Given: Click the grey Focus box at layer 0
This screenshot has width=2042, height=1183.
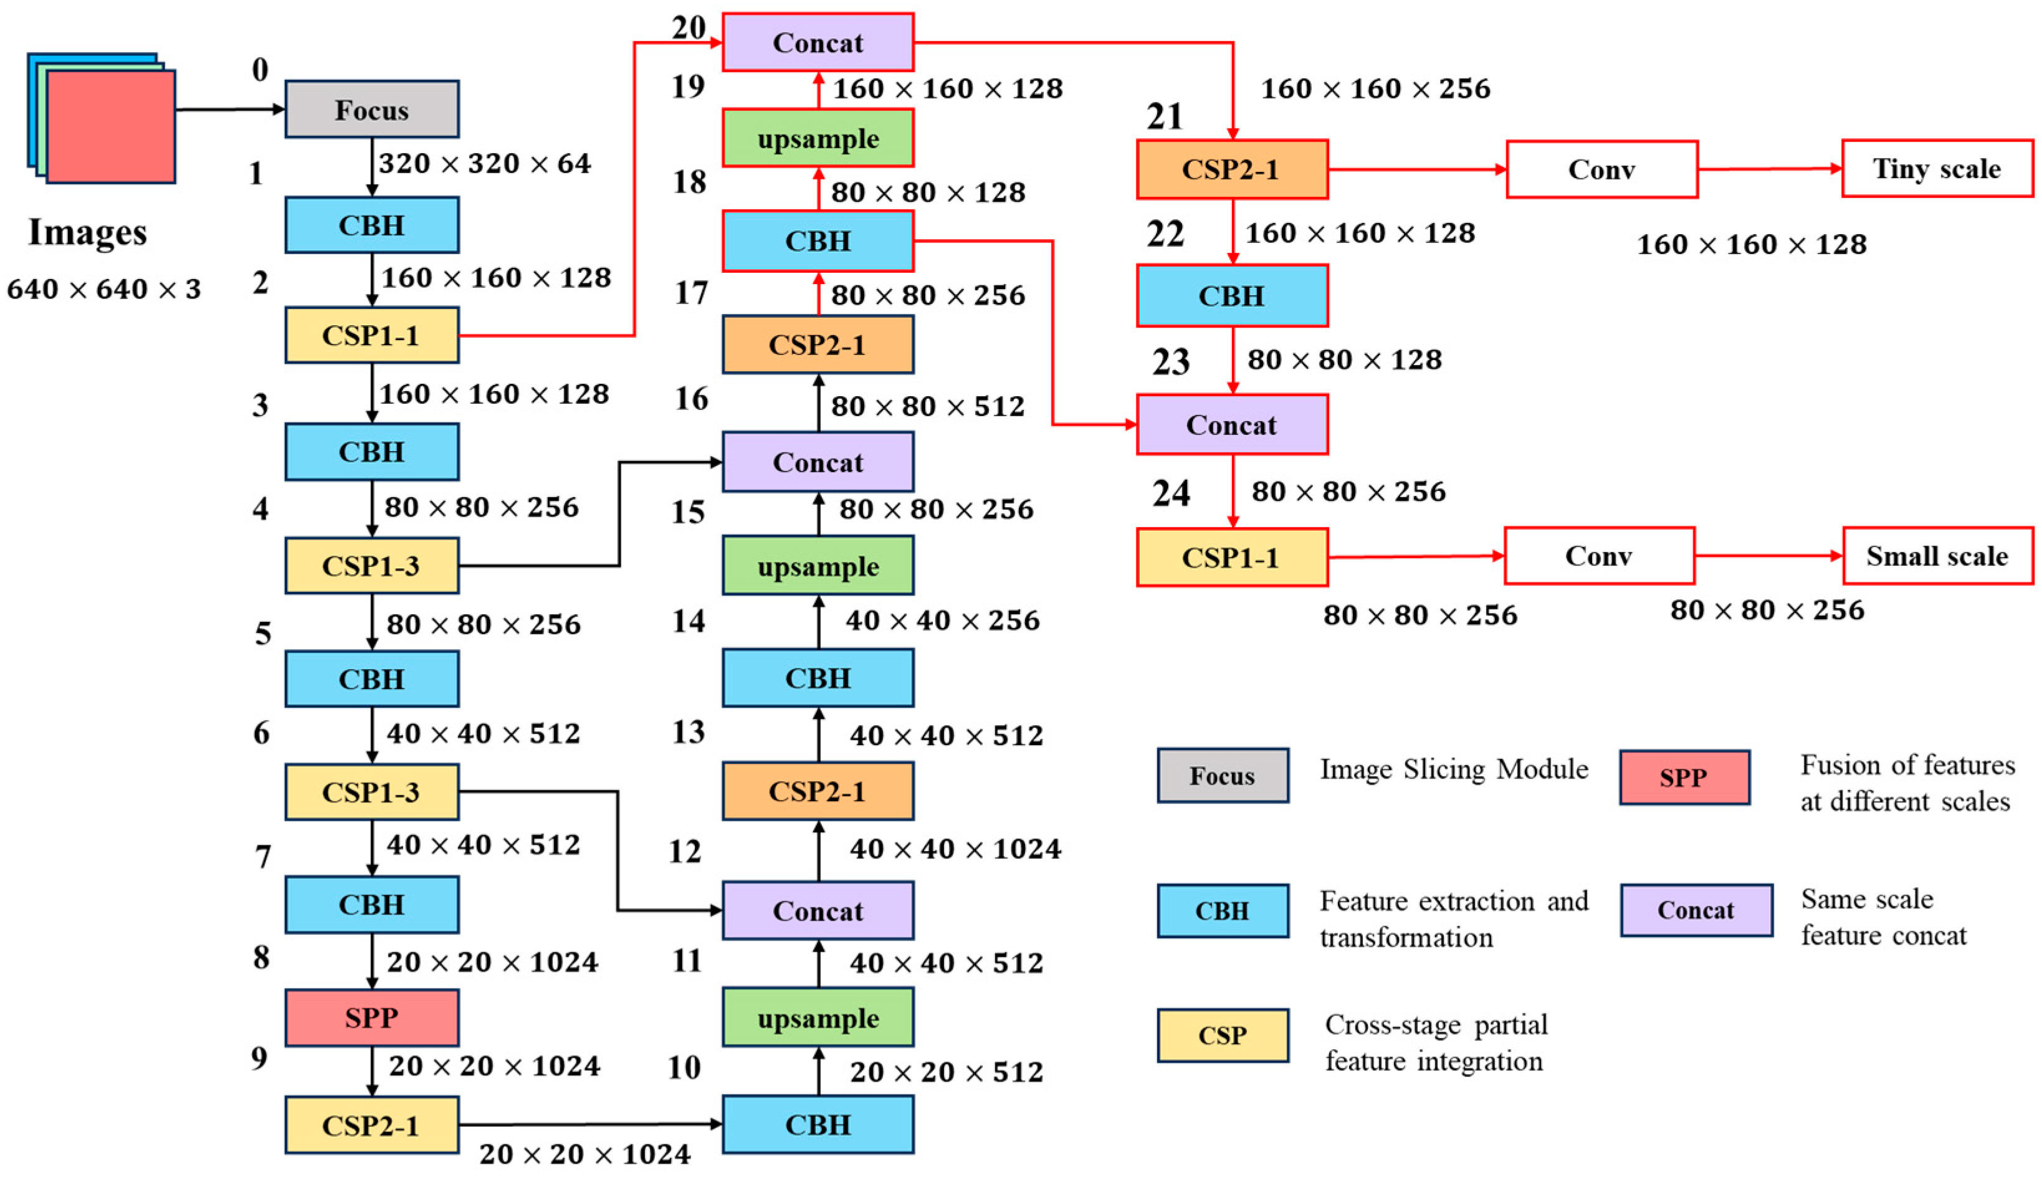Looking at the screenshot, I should (x=371, y=110).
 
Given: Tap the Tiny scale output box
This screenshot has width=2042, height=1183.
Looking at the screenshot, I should (x=1937, y=169).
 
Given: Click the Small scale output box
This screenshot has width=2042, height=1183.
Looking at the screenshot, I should (x=1937, y=556).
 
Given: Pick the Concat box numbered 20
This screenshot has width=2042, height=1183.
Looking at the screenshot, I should (x=818, y=42).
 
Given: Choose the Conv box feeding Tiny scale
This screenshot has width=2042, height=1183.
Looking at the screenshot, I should (x=1601, y=169).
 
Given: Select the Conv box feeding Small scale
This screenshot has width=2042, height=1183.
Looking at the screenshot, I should (x=1599, y=556).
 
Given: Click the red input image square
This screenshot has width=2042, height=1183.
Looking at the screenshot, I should (x=111, y=126).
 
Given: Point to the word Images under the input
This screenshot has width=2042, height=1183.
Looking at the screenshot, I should (x=87, y=232).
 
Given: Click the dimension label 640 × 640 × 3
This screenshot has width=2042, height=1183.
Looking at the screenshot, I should (x=103, y=289).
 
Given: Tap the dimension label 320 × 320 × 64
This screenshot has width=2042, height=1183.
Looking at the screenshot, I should (x=485, y=164).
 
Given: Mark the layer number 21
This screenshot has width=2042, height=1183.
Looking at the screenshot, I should (x=1165, y=116).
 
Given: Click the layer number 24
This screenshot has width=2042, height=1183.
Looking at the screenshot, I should (x=1171, y=493).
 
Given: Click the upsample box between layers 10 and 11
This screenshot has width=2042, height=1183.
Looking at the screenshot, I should (x=818, y=1018).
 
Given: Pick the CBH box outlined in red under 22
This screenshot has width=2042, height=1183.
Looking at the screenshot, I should (x=1232, y=296).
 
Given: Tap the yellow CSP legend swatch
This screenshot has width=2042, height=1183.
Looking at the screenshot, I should (x=1222, y=1035).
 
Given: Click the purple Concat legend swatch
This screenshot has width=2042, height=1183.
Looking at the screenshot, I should (x=1696, y=910).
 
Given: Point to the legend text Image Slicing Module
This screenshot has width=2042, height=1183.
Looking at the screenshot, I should (x=1454, y=769).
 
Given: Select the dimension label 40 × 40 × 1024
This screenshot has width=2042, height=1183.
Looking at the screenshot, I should (x=955, y=849).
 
